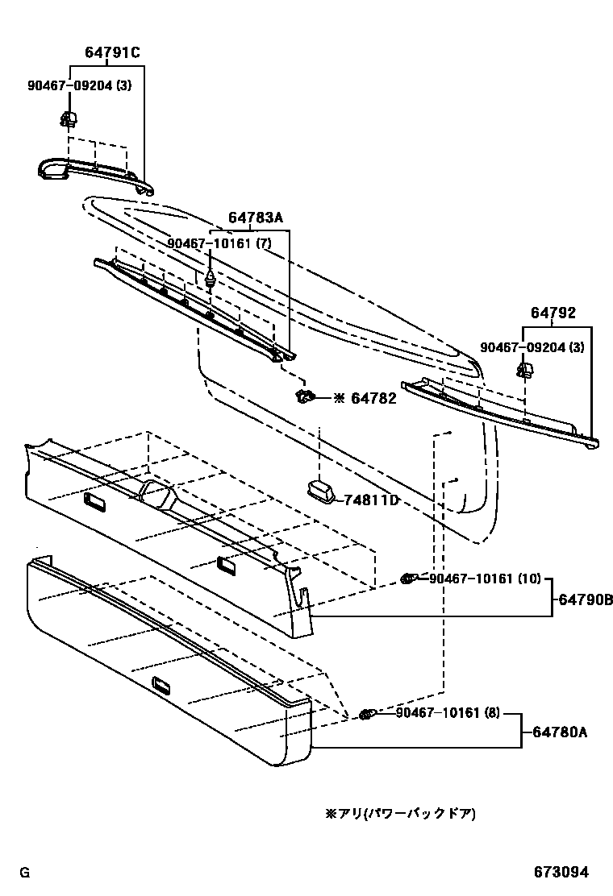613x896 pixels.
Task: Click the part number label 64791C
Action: coord(112,53)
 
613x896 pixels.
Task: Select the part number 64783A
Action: coord(256,218)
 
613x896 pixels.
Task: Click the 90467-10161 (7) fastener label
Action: coord(219,243)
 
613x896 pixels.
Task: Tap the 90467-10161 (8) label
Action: coord(448,713)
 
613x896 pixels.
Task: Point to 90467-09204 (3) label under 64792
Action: coord(532,347)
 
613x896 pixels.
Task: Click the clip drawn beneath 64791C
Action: coord(69,121)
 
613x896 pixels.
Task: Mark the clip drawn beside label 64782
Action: coord(305,396)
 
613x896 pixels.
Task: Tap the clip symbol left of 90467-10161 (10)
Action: coord(409,579)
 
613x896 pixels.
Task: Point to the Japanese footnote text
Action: coord(400,814)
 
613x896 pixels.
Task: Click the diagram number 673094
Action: coord(560,872)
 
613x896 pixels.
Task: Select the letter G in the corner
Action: coord(24,873)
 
